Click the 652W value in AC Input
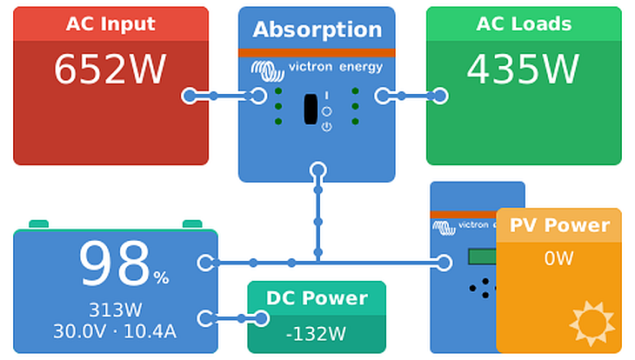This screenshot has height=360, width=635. [x=110, y=70]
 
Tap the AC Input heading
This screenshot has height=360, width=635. [x=110, y=23]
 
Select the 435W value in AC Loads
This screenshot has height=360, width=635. [x=523, y=70]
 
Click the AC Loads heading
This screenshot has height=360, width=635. [x=524, y=23]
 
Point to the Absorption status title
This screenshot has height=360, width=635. [x=317, y=30]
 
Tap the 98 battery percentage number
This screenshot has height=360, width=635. [x=114, y=264]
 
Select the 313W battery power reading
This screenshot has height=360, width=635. [x=115, y=310]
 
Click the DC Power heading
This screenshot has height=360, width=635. [x=317, y=298]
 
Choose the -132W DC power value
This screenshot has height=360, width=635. [x=317, y=333]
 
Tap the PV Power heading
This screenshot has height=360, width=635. [x=559, y=225]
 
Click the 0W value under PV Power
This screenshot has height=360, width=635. [x=559, y=258]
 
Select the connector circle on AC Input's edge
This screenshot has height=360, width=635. [x=190, y=96]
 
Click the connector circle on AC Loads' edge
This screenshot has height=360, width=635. [x=440, y=96]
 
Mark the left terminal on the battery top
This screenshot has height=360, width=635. [x=39, y=224]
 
